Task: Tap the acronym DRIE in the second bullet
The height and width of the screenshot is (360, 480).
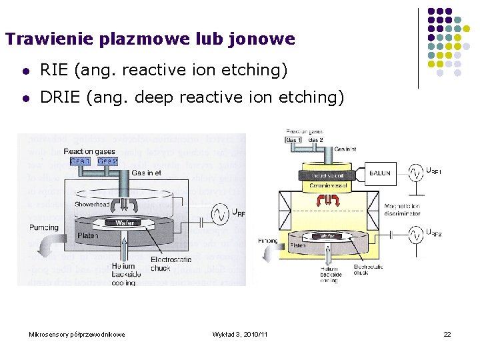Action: pos(62,97)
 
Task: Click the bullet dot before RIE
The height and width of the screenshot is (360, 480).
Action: pos(25,70)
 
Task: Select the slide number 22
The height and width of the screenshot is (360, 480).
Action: pos(447,333)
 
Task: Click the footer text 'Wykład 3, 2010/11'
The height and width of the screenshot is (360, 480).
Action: pos(239,333)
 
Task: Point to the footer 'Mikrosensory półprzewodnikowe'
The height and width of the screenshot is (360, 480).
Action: pos(77,333)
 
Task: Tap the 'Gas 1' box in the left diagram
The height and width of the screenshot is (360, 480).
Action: pos(79,161)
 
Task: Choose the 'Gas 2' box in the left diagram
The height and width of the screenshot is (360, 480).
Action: pos(107,161)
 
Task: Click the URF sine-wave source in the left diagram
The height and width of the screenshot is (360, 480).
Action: pos(220,214)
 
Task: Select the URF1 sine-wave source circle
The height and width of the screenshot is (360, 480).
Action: pos(417,173)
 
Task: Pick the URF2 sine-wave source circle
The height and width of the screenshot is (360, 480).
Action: pos(417,235)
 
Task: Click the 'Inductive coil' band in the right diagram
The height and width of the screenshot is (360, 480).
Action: pos(328,175)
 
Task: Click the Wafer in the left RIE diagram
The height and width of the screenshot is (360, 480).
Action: pos(125,223)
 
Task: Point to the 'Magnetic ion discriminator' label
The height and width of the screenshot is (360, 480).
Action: pos(402,210)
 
